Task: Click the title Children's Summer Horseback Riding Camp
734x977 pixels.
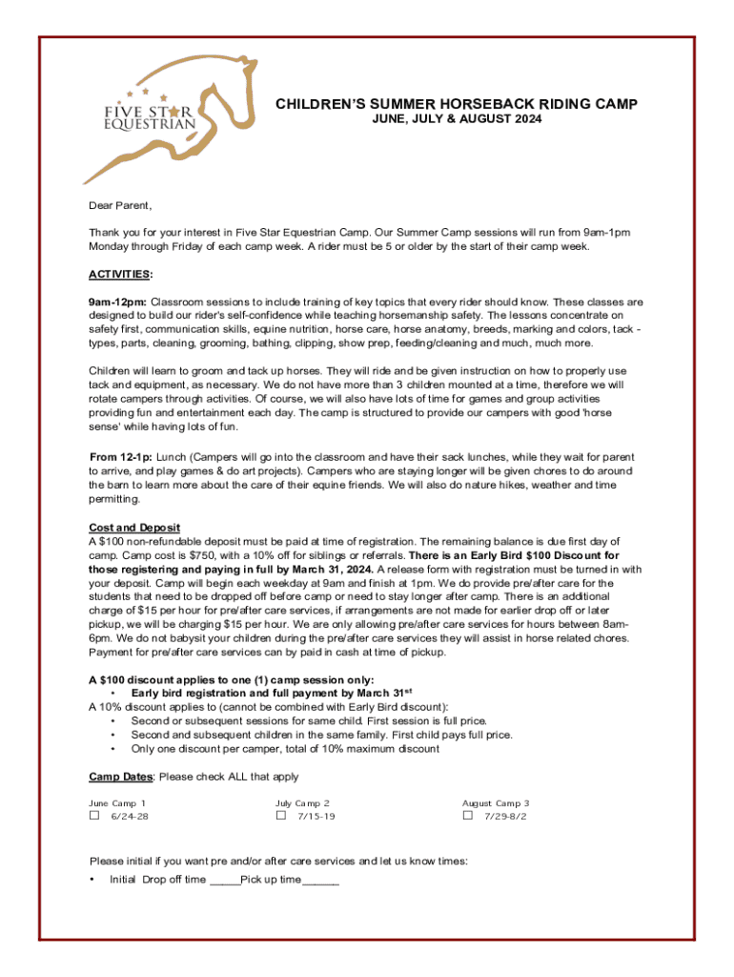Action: tap(457, 104)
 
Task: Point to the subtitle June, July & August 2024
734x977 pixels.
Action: tap(457, 119)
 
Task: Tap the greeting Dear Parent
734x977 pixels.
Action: tap(121, 205)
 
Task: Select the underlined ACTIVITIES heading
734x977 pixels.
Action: tap(120, 275)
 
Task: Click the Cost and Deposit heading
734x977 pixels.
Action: tap(134, 528)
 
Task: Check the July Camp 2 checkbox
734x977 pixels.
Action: tap(281, 817)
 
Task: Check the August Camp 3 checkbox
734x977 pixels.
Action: tap(468, 817)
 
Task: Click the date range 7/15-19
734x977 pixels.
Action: tap(316, 818)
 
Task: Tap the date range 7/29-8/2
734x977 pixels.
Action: tap(505, 818)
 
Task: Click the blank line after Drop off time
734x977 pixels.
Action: tap(225, 880)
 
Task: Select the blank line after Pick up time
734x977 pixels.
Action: tap(321, 880)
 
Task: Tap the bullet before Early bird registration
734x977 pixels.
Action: tap(114, 694)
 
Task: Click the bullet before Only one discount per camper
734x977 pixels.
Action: tap(114, 749)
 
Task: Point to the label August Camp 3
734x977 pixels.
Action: tap(496, 803)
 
